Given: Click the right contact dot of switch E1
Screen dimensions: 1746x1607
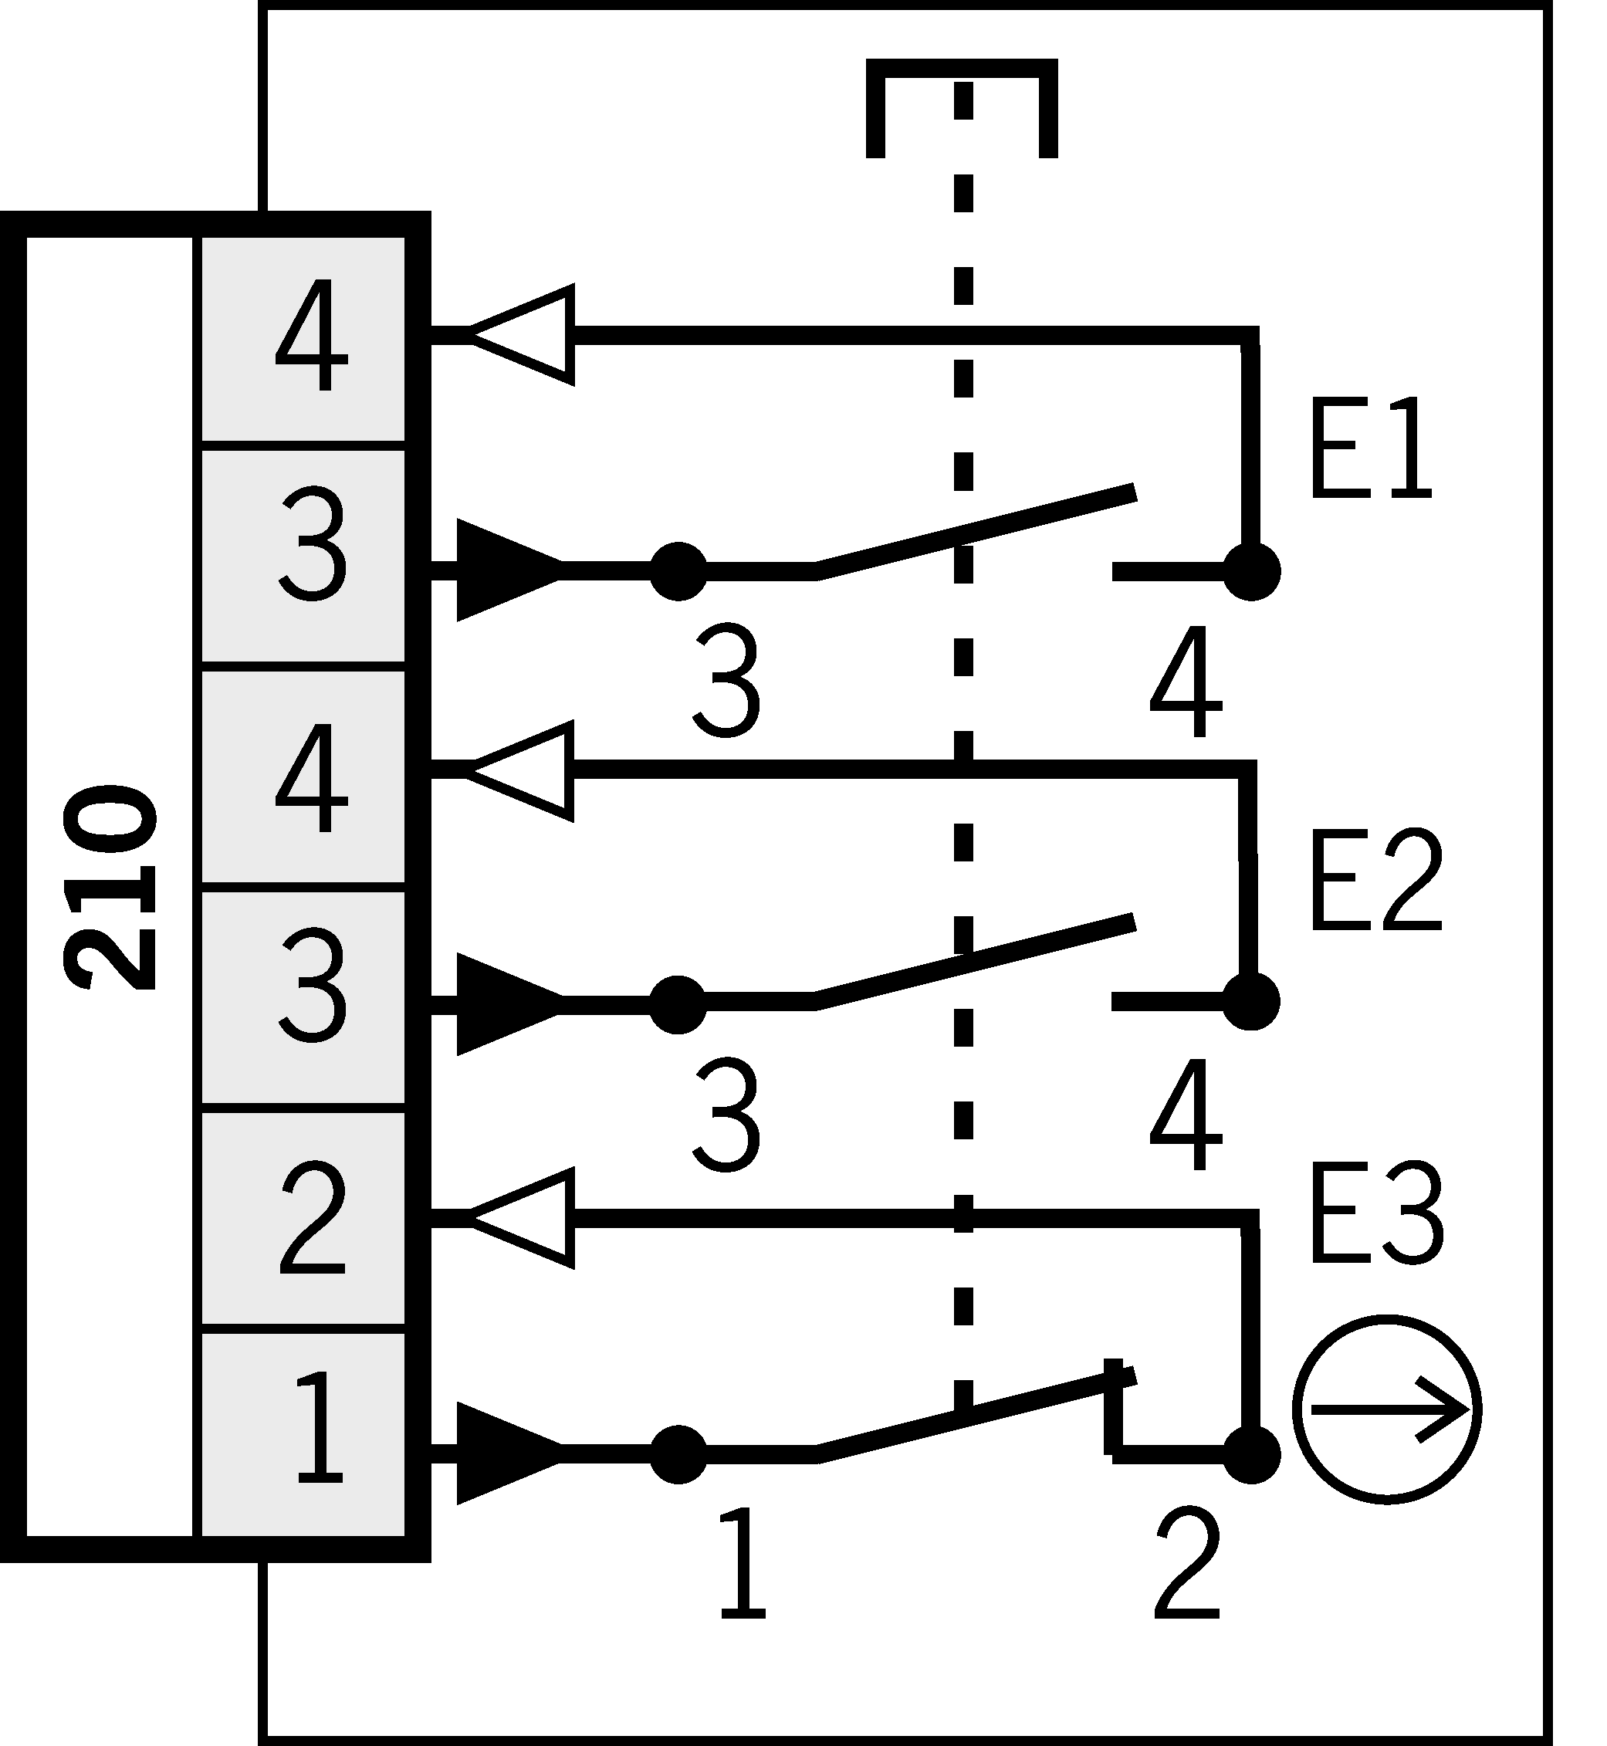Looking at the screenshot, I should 1251,571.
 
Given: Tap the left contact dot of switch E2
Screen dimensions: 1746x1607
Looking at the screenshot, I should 678,1005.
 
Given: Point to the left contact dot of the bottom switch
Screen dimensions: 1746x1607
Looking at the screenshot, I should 678,1453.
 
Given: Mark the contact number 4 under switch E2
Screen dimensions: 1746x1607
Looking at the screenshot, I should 1186,1114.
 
